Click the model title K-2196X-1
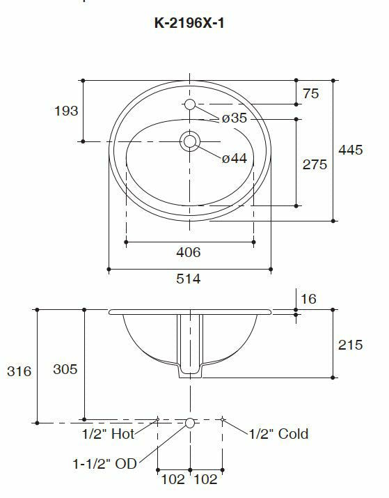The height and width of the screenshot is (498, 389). tap(189, 23)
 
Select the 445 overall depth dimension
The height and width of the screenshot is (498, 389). tap(350, 150)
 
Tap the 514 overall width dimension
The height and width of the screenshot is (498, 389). tap(189, 279)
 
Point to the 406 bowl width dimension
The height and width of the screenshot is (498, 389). tap(189, 252)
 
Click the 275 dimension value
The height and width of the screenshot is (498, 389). tap(315, 164)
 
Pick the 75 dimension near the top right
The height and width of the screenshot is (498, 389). tap(310, 94)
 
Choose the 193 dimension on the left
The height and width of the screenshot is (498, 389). tap(66, 111)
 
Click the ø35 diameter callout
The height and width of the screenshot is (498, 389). tap(234, 118)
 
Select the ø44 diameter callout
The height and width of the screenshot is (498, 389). tap(234, 158)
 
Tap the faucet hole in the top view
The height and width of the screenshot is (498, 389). tap(190, 104)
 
